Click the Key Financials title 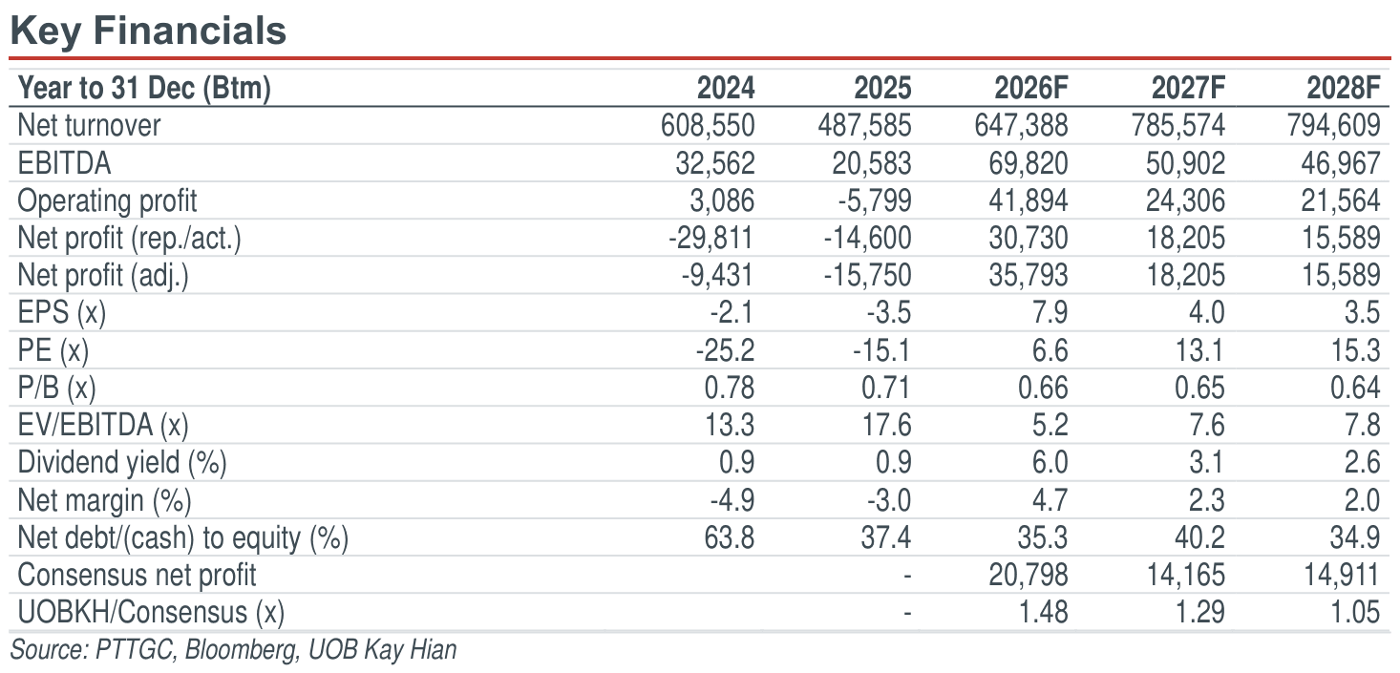click(148, 32)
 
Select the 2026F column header click(1031, 88)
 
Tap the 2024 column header click(726, 88)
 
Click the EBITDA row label click(64, 163)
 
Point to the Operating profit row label click(107, 201)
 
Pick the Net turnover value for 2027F click(1177, 126)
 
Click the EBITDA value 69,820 click(1029, 163)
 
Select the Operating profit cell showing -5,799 click(875, 200)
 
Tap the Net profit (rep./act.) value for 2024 click(711, 238)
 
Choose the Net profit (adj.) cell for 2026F click(1029, 276)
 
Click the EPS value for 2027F click(1206, 312)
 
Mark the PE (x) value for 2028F click(1354, 350)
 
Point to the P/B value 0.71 click(886, 388)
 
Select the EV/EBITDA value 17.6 click(886, 425)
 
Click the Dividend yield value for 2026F click(1050, 462)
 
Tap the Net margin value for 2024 click(732, 500)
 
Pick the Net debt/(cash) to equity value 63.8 click(730, 537)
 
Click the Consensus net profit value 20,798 click(1029, 575)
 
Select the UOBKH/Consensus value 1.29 click(1200, 612)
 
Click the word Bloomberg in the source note click(241, 650)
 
